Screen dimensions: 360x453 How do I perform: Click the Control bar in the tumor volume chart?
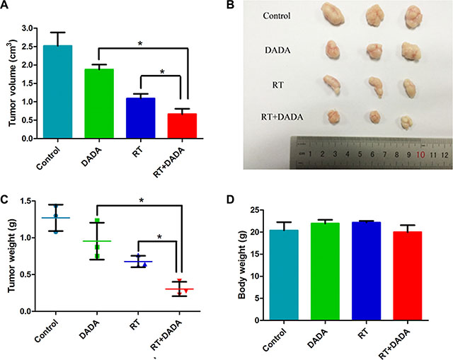click(x=62, y=92)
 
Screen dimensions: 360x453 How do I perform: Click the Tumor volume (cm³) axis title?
click(x=13, y=83)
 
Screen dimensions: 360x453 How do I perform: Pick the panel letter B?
click(x=249, y=6)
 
